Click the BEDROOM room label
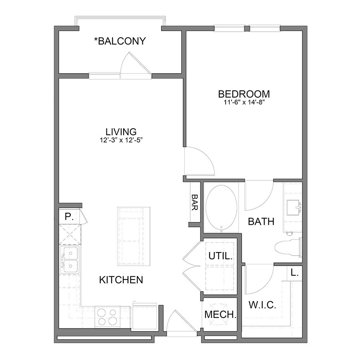tap(244, 94)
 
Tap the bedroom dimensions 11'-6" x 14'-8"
tap(244, 102)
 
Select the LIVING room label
tap(121, 131)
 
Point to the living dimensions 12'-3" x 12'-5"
tap(121, 140)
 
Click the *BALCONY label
tap(120, 41)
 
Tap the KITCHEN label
tap(121, 280)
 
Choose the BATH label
tap(261, 221)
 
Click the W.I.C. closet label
tap(262, 305)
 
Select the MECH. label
tap(220, 314)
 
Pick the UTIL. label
tap(220, 256)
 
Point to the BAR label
tap(195, 203)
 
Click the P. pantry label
tap(69, 217)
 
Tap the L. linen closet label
tap(295, 274)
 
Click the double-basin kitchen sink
tap(70, 260)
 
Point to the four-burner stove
tap(107, 316)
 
